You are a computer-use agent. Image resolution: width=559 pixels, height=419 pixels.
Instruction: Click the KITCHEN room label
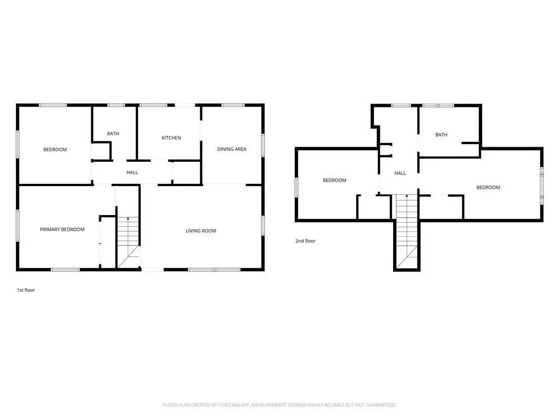pyautogui.click(x=171, y=138)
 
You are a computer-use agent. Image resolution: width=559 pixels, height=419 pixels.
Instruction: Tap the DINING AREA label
pyautogui.click(x=231, y=149)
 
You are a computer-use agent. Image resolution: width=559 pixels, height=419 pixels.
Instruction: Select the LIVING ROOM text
pyautogui.click(x=201, y=231)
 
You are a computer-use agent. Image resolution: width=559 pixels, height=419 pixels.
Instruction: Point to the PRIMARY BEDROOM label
pyautogui.click(x=62, y=230)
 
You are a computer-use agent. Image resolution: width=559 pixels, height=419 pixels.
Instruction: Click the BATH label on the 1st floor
pyautogui.click(x=113, y=134)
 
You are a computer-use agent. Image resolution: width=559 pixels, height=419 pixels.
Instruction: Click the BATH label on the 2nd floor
pyautogui.click(x=441, y=135)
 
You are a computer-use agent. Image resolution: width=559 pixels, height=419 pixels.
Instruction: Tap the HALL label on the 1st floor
pyautogui.click(x=132, y=172)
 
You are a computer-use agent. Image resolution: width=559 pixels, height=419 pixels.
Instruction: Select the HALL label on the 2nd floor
pyautogui.click(x=400, y=173)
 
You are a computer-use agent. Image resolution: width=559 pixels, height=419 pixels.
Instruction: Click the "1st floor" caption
pyautogui.click(x=26, y=290)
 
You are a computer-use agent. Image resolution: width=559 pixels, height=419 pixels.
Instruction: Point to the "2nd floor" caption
pyautogui.click(x=305, y=241)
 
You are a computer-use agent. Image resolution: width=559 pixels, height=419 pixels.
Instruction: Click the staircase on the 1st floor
pyautogui.click(x=128, y=242)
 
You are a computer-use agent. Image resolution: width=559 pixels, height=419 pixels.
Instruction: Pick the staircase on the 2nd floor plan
pyautogui.click(x=407, y=231)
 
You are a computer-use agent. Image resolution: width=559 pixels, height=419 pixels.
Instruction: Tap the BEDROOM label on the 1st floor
pyautogui.click(x=55, y=149)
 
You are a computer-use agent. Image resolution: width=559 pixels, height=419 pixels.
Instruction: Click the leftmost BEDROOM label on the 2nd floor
pyautogui.click(x=335, y=180)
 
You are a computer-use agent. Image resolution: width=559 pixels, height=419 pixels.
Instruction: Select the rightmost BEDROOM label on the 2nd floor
pyautogui.click(x=488, y=188)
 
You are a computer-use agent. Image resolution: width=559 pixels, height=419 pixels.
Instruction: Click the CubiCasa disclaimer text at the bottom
pyautogui.click(x=279, y=405)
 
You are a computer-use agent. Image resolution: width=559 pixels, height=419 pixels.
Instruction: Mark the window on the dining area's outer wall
pyautogui.click(x=263, y=145)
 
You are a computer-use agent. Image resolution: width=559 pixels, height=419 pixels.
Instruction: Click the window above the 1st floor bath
pyautogui.click(x=116, y=105)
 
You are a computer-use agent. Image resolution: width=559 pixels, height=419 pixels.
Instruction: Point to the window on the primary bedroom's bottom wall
pyautogui.click(x=66, y=270)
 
